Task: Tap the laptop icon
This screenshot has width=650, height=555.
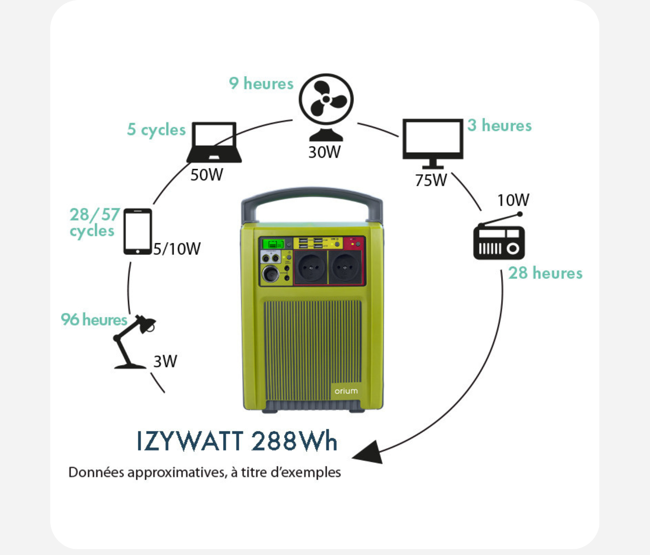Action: [x=214, y=142]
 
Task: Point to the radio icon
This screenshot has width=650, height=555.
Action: [x=499, y=240]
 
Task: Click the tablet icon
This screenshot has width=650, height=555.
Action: [x=137, y=231]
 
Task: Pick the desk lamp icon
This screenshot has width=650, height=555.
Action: [x=134, y=342]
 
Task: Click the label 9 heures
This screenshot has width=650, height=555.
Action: [x=261, y=83]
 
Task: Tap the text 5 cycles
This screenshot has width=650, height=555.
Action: [x=156, y=130]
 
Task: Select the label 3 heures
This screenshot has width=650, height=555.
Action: [x=499, y=125]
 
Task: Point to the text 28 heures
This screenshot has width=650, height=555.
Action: [x=545, y=273]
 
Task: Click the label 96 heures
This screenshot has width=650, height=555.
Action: [x=94, y=319]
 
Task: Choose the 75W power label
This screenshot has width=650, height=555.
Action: [x=431, y=180]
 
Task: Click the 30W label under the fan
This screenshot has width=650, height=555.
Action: [x=325, y=152]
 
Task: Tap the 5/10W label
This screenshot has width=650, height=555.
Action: [x=177, y=249]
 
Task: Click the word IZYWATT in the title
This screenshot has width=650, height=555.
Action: [x=189, y=441]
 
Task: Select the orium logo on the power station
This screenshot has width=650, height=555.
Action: [x=346, y=391]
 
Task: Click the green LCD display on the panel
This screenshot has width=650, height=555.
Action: [x=273, y=244]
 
